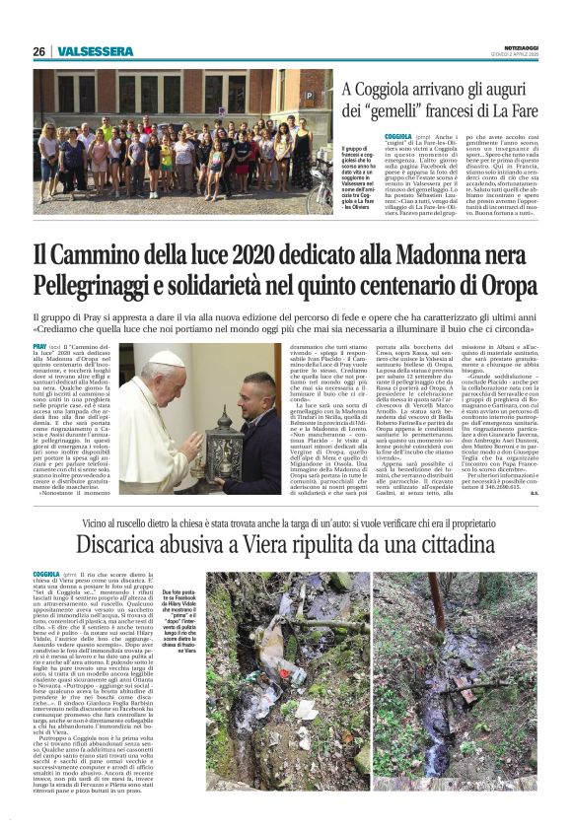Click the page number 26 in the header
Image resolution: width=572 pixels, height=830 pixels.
click(38, 51)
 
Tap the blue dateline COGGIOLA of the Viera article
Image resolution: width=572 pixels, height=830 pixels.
click(47, 573)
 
